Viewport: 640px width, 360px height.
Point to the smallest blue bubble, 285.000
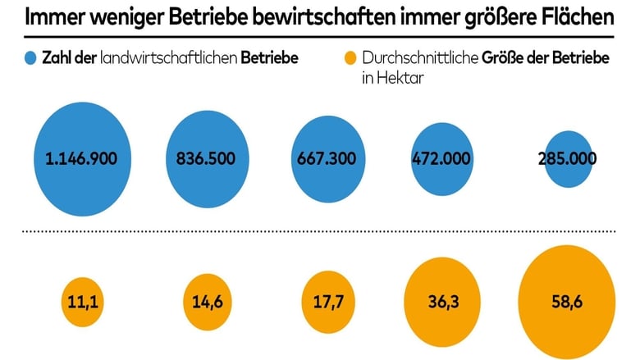pos(567,159)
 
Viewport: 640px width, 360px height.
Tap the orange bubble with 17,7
pos(326,302)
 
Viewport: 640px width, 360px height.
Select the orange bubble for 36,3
pos(443,302)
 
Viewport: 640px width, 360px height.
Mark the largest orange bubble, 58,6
pos(566,302)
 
